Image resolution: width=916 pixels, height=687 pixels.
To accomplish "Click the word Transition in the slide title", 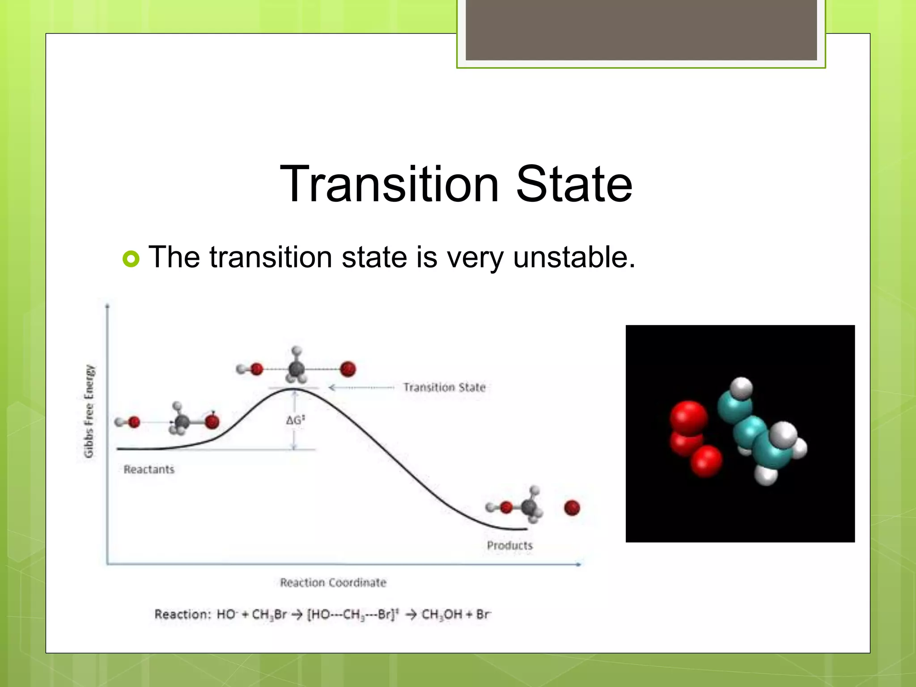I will [x=389, y=184].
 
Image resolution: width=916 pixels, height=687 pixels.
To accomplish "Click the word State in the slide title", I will [x=574, y=184].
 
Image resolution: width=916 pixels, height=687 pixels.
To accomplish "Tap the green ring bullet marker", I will [x=131, y=259].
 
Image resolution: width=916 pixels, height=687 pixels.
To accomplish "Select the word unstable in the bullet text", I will [x=574, y=257].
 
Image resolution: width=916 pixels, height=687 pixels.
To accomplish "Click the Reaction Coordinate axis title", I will [x=333, y=583].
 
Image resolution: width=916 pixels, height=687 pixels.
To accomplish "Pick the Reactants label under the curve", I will [x=149, y=470].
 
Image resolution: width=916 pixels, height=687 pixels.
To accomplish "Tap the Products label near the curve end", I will [x=510, y=546].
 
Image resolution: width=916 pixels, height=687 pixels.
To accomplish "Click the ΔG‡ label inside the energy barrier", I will [x=295, y=420].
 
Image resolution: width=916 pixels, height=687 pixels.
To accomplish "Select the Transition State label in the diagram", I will [x=445, y=387].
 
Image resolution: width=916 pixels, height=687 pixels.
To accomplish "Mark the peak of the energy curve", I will [x=294, y=390].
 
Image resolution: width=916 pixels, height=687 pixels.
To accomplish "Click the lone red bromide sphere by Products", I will [x=572, y=508].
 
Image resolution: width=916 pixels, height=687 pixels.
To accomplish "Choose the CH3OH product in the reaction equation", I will [x=442, y=615].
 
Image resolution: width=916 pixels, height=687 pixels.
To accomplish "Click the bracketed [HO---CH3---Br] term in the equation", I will [x=352, y=615].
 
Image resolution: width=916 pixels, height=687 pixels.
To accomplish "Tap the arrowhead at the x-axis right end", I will [x=578, y=564].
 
